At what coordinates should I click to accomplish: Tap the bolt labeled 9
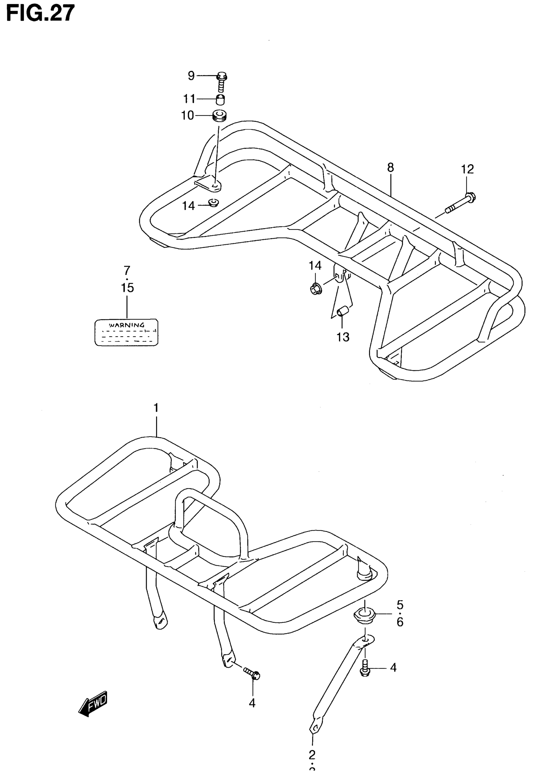222,81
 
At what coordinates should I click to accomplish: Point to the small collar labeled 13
342,311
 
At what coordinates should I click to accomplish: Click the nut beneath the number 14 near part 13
316,288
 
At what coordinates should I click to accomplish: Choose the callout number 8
390,168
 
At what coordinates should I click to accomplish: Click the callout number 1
156,408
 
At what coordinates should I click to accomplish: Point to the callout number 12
467,169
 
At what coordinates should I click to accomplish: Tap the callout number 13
343,337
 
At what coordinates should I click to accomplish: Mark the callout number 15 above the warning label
128,288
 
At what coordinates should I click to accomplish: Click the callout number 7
127,270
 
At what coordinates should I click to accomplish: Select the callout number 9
191,76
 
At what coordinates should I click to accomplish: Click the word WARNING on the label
126,325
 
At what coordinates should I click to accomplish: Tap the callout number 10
188,116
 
